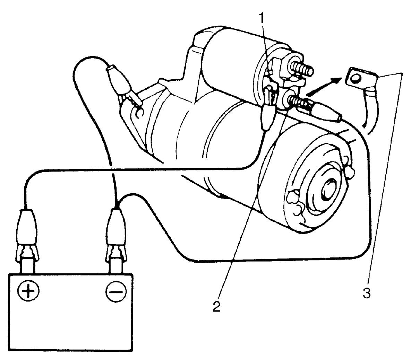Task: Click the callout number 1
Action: pos(262,18)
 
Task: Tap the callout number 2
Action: pos(216,306)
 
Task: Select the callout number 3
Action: pos(367,293)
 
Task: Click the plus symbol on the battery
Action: pos(28,291)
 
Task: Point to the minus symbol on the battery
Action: pos(116,291)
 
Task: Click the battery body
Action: pos(71,311)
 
